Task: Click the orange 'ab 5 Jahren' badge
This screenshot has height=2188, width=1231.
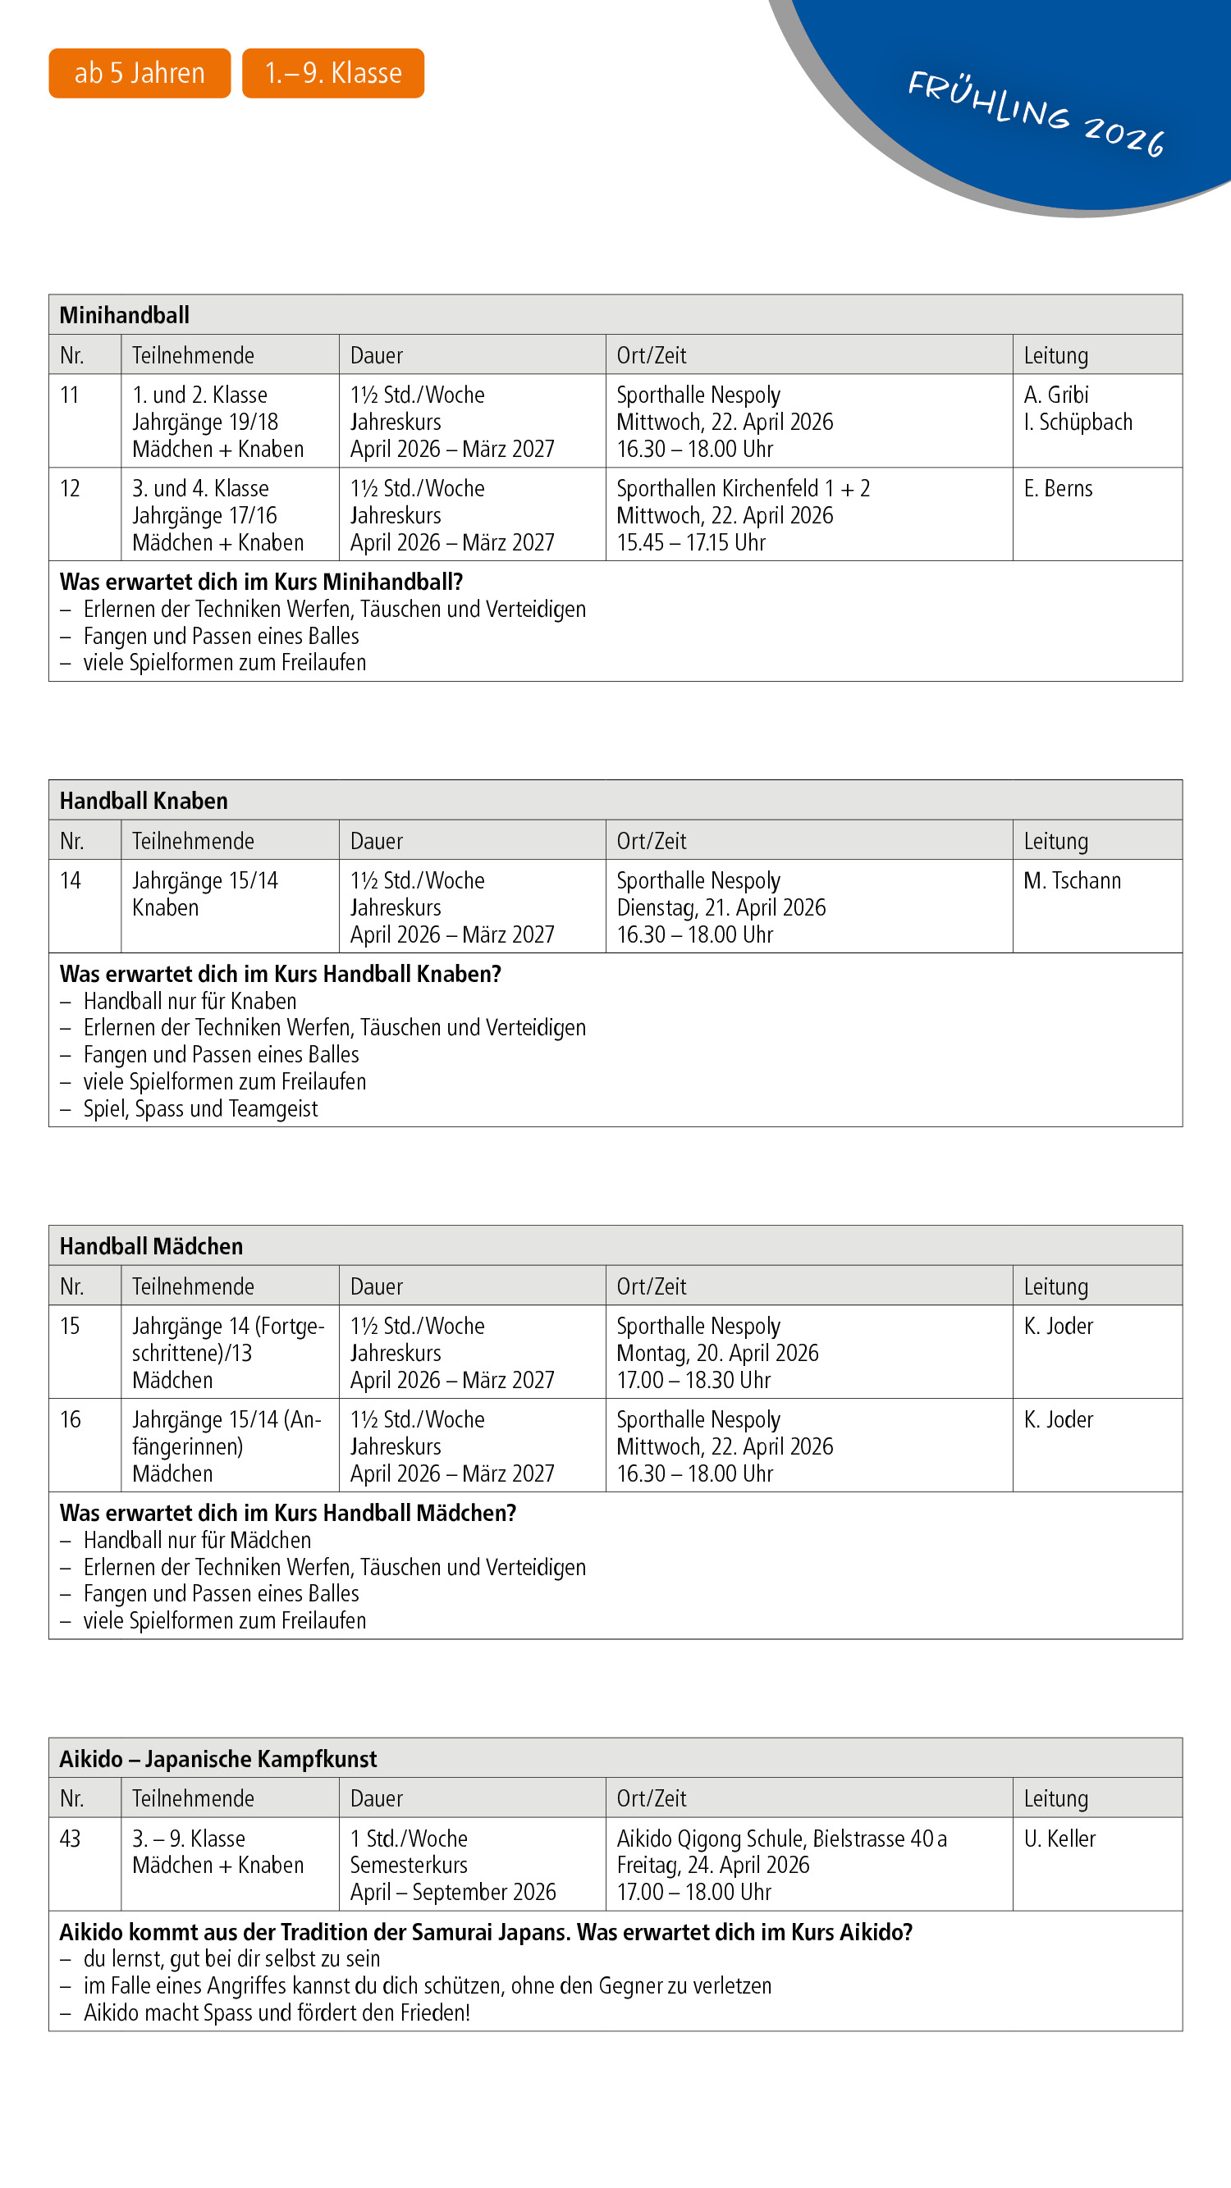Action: pos(140,73)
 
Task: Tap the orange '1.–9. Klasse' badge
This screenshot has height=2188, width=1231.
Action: pos(333,73)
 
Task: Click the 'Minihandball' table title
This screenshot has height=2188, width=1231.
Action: pos(124,315)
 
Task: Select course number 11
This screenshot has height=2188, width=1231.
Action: pos(70,395)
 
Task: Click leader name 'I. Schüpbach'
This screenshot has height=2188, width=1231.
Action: pos(1078,423)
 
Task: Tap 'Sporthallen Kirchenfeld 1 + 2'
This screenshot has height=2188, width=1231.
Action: pos(743,488)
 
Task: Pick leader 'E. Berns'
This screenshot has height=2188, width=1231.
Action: pos(1058,488)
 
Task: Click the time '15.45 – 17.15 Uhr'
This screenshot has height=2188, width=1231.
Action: pos(691,543)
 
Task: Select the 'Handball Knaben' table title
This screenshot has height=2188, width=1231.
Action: pos(144,801)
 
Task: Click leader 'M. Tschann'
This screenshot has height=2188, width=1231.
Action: pos(1071,881)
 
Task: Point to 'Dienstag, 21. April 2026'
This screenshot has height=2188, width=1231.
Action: pos(721,908)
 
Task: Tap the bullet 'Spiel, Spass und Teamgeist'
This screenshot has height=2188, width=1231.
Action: pos(200,1108)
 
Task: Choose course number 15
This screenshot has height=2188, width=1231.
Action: pos(70,1326)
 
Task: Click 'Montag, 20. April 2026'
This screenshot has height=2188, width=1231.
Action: pos(717,1353)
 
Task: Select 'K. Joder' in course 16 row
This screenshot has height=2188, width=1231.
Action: pos(1058,1419)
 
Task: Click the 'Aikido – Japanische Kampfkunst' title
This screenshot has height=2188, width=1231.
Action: pos(217,1759)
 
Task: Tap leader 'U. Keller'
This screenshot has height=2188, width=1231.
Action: pos(1059,1839)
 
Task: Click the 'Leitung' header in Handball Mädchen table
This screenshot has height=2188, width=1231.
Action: pos(1055,1287)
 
